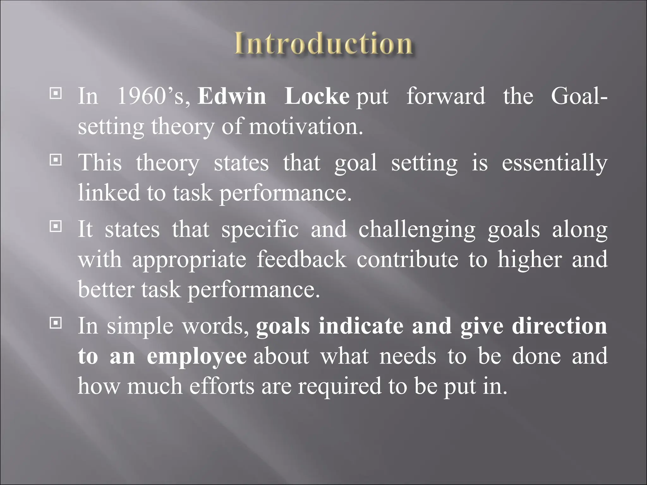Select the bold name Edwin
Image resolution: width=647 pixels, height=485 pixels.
pos(232,96)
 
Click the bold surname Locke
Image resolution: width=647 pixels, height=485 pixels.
pos(317,96)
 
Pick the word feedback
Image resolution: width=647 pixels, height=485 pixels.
pos(301,260)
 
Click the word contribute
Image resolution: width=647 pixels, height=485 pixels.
pos(408,260)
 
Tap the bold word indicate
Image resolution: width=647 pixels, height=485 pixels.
pos(361,326)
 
